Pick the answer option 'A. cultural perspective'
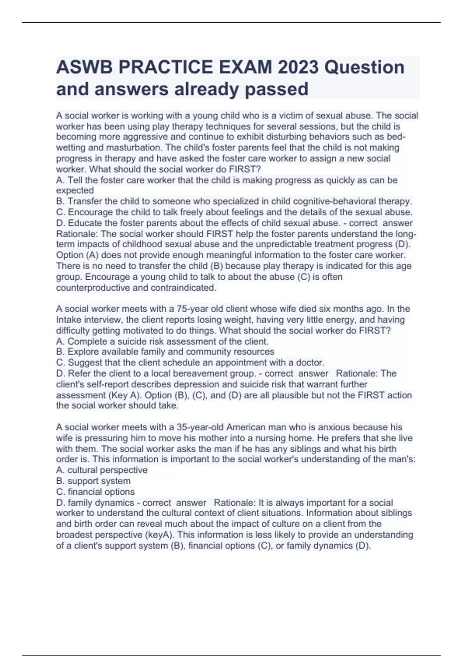coord(102,470)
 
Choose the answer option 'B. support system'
coord(93,481)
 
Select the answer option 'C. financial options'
coord(95,492)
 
